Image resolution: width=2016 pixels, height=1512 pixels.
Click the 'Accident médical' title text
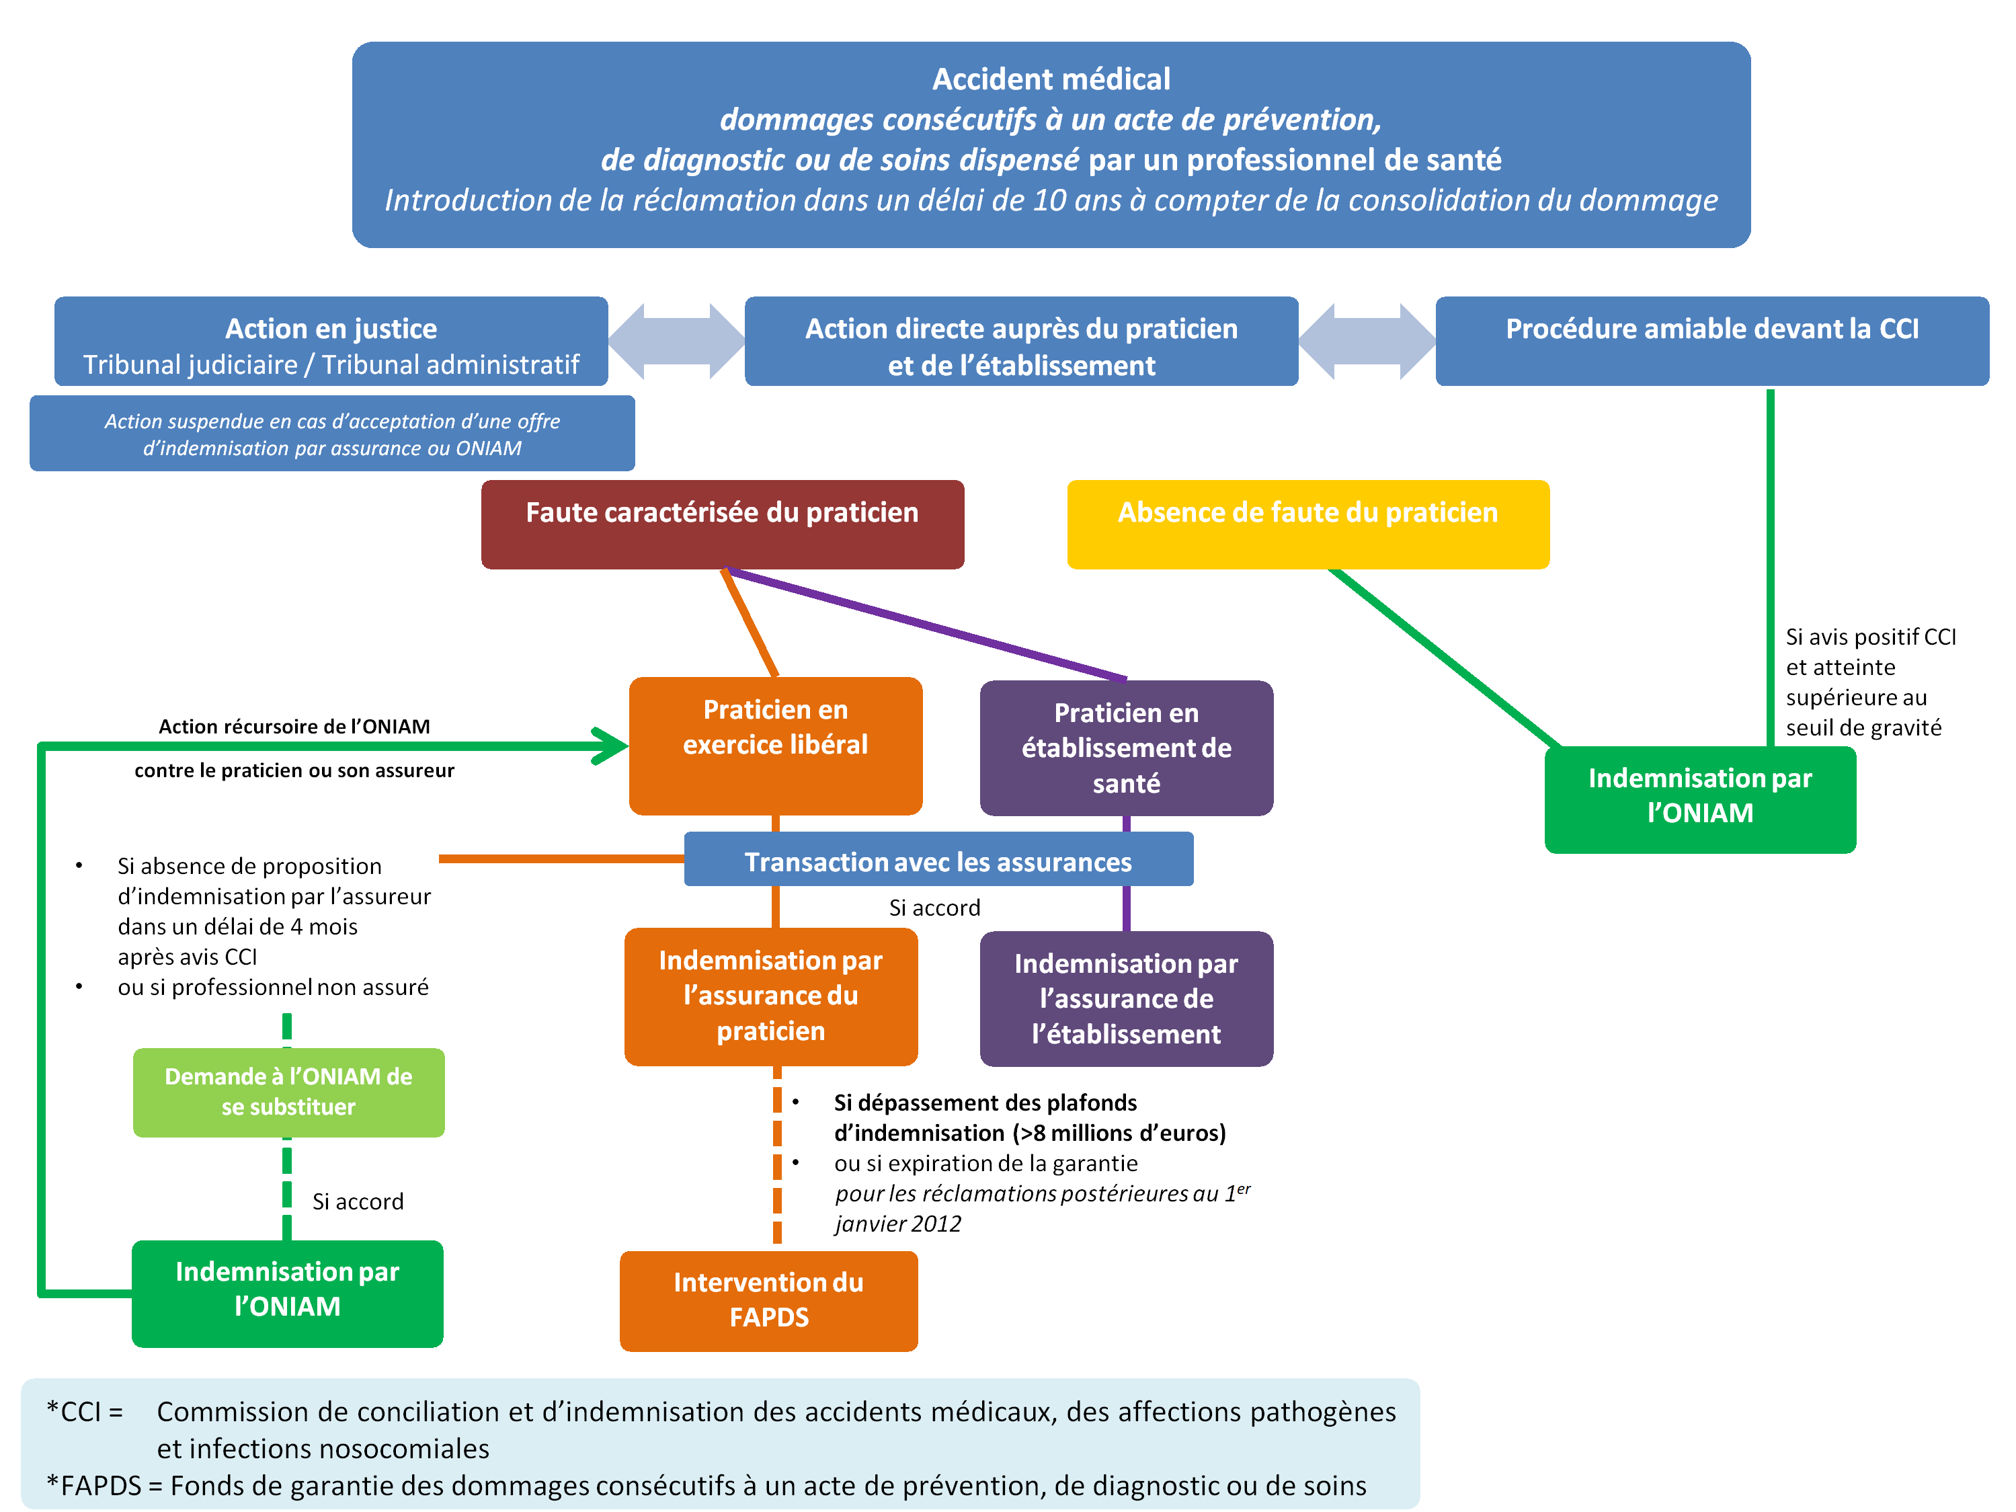(x=1050, y=79)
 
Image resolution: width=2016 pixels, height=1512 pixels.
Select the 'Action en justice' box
(x=331, y=341)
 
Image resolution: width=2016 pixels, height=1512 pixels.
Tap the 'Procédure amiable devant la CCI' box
(x=1711, y=341)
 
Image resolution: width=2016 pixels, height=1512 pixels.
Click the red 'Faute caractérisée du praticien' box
(x=722, y=524)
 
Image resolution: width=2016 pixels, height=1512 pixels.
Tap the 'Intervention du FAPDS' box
(x=768, y=1300)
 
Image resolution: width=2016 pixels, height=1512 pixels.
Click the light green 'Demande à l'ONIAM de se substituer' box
(x=288, y=1092)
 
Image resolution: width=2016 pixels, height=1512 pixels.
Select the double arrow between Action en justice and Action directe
(x=676, y=341)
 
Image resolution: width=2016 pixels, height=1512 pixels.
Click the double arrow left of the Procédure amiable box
(x=1366, y=341)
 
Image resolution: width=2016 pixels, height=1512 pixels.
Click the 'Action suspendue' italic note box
(x=332, y=434)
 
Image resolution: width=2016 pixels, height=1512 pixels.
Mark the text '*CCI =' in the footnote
(x=85, y=1411)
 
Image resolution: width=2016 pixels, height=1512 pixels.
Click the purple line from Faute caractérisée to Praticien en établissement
(x=928, y=625)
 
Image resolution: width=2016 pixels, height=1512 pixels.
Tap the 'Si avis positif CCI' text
(x=1869, y=636)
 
